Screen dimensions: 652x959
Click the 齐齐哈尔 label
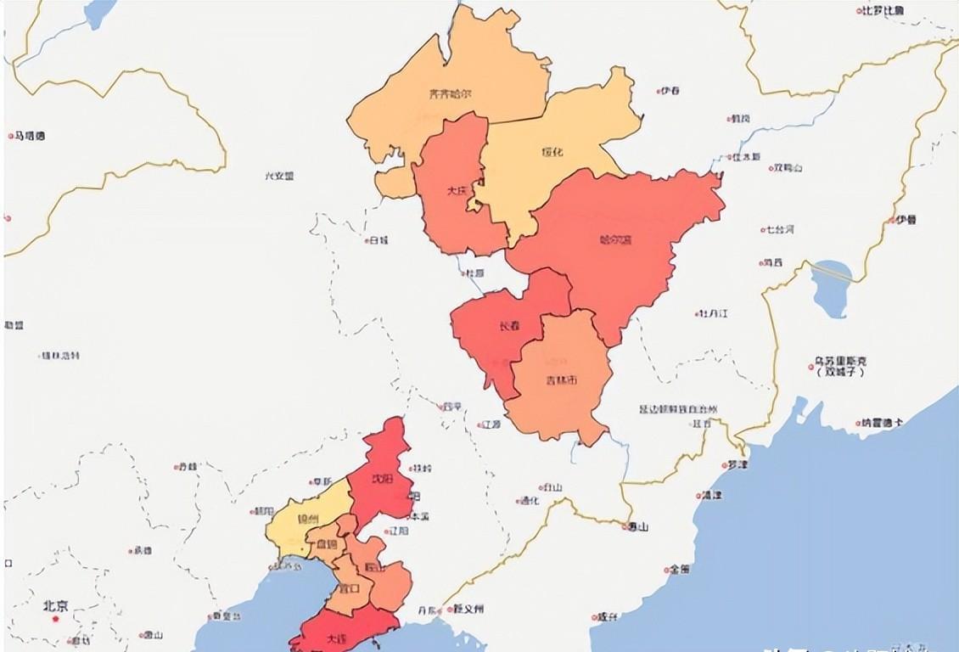click(450, 94)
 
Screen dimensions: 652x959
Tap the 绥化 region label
click(552, 152)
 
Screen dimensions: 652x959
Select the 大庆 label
click(456, 191)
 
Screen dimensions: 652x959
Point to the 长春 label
click(508, 325)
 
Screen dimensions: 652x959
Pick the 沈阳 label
click(383, 479)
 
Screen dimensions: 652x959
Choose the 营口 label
click(349, 587)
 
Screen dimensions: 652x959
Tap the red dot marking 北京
click(57, 619)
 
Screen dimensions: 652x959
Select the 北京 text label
click(57, 606)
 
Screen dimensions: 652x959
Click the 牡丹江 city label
click(714, 313)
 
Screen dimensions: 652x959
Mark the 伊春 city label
click(670, 91)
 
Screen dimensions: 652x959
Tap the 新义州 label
click(468, 609)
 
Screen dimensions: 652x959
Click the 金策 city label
click(679, 569)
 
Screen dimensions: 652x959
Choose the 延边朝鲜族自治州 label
click(678, 409)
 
